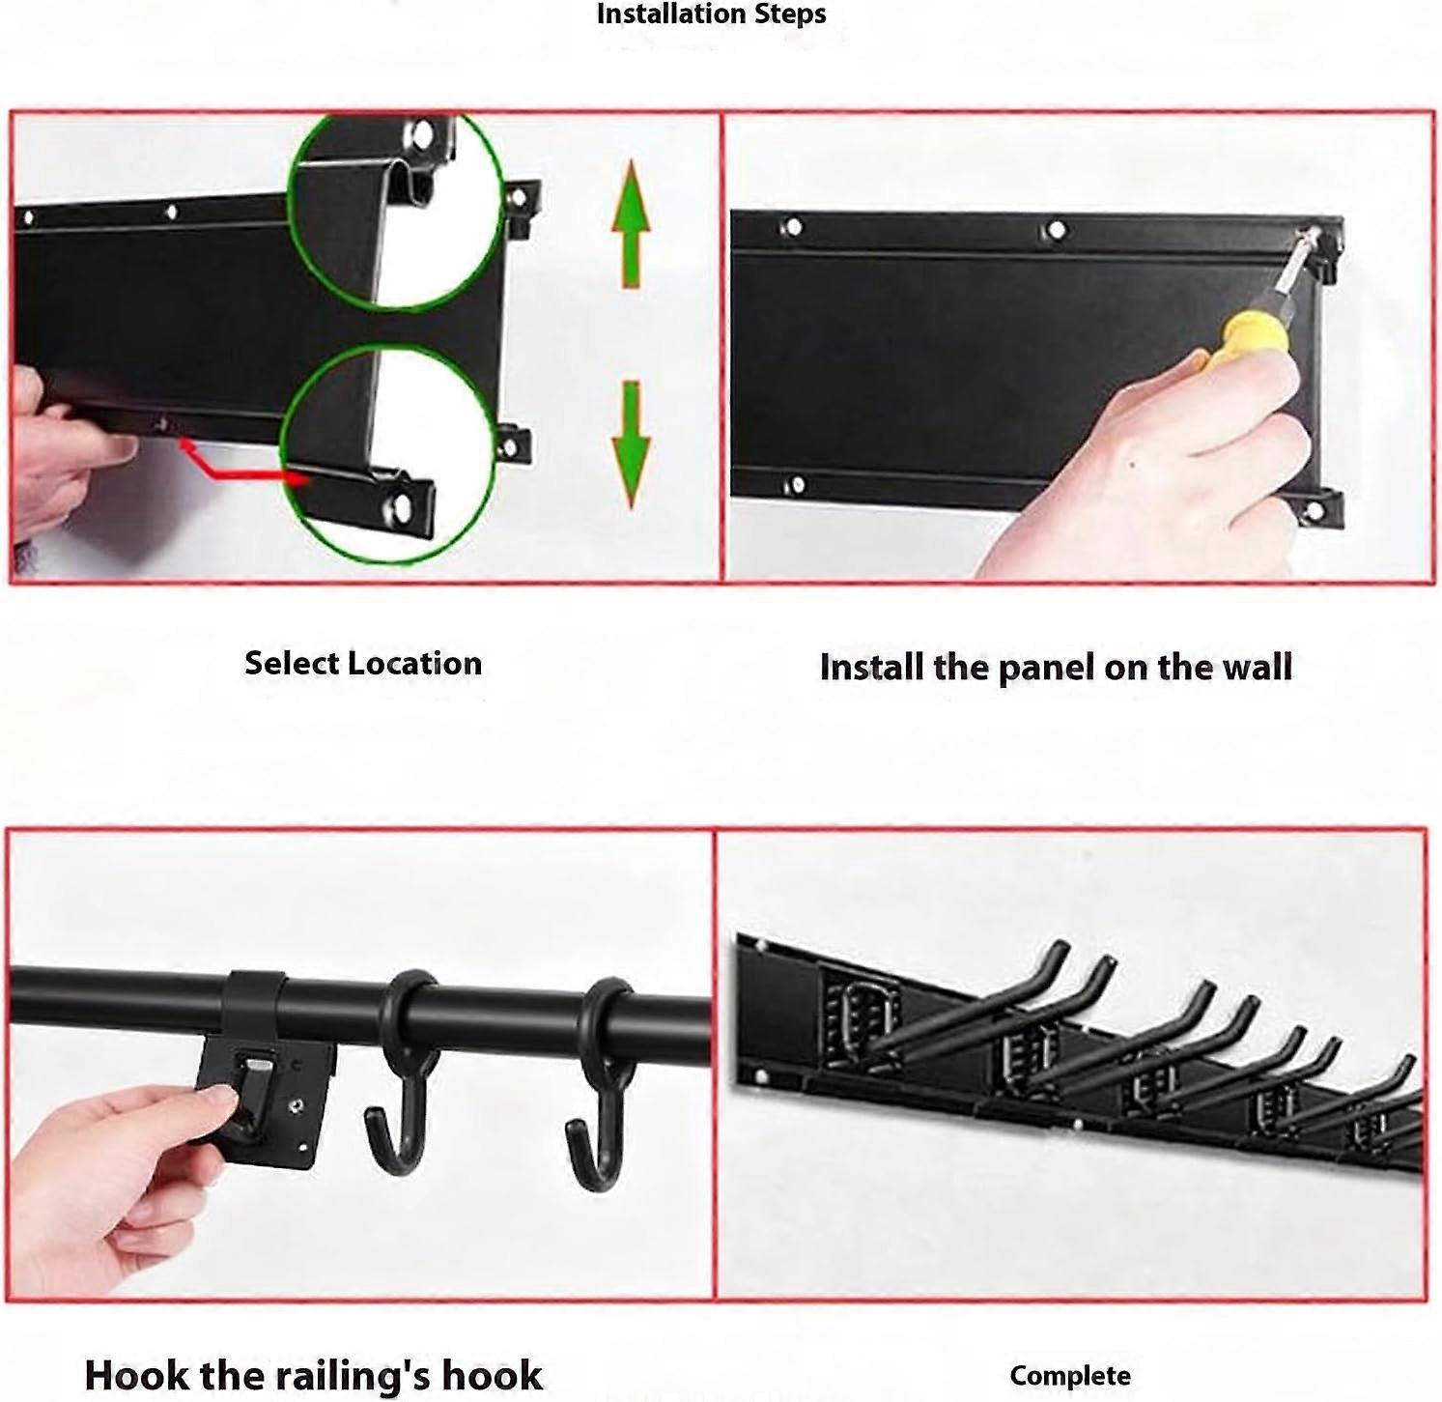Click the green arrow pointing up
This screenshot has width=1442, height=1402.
tap(631, 223)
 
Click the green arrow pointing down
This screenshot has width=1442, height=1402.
tap(631, 444)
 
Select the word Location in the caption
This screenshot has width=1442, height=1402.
tap(415, 664)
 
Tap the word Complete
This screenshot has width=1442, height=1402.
tap(1070, 1376)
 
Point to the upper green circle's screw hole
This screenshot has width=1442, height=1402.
tap(421, 133)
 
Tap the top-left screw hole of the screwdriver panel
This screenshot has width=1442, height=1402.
tap(793, 227)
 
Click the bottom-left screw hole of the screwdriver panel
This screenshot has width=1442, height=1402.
tap(795, 484)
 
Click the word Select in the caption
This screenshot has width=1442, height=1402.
tap(292, 664)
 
